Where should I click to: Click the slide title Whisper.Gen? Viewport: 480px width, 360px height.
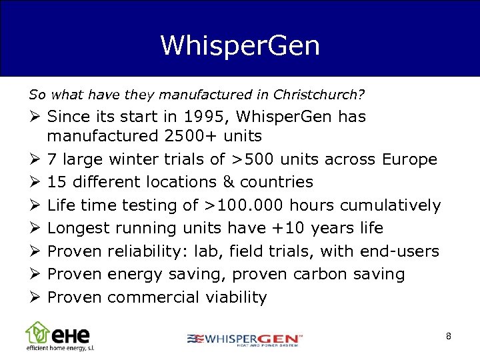240,45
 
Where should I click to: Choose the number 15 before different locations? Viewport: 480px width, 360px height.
57,182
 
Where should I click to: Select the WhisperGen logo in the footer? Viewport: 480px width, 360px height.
245,339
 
